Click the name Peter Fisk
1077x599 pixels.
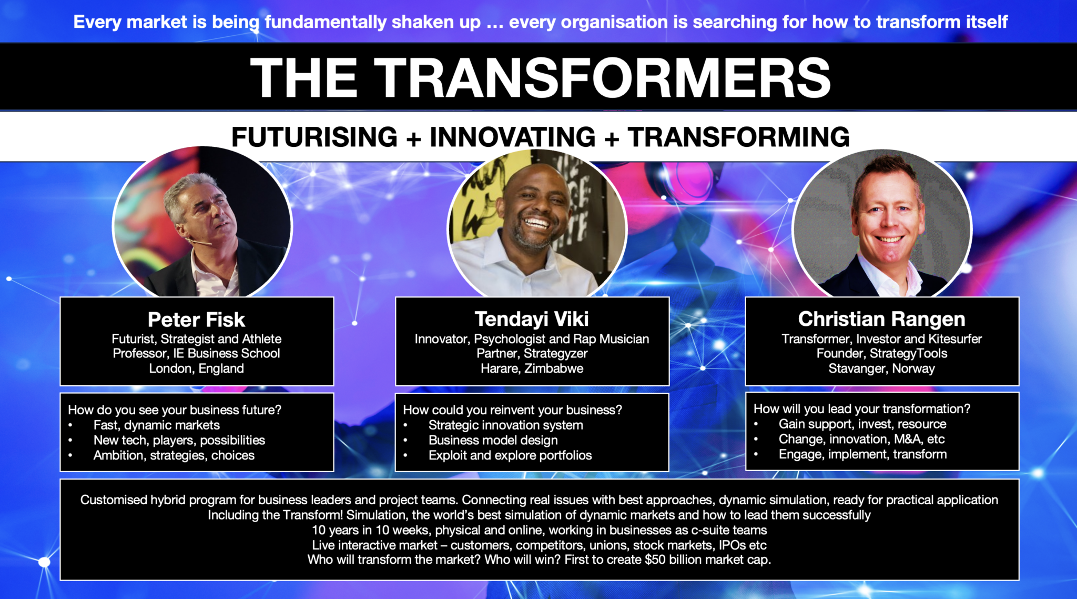point(196,320)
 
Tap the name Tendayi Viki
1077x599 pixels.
point(532,319)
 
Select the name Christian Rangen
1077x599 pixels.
point(882,319)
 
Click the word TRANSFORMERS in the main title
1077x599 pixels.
point(602,77)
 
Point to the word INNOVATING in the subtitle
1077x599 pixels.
point(513,137)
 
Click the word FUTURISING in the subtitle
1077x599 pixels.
point(314,137)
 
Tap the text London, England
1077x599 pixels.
point(196,368)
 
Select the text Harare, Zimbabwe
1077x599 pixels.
point(532,368)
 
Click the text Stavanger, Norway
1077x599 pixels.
point(882,368)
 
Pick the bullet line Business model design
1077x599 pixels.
point(493,440)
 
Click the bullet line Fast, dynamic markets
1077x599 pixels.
point(157,425)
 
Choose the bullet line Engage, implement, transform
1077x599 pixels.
point(862,454)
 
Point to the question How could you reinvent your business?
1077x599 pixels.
point(512,410)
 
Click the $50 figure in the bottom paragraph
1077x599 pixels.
point(655,560)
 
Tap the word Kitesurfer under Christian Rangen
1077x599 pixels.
point(955,339)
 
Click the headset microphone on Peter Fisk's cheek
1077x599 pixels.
point(199,242)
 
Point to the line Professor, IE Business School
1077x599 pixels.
point(196,353)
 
